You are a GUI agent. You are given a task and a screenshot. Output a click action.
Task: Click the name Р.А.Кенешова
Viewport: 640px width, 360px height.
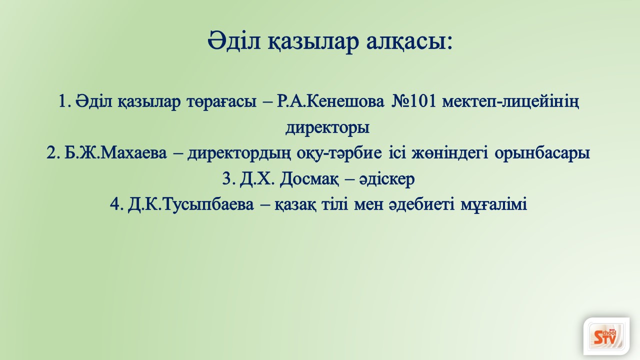coord(331,101)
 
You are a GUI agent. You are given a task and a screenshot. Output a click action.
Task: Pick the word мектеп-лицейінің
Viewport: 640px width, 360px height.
coord(511,102)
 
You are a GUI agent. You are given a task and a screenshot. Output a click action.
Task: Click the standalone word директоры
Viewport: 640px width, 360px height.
coord(327,127)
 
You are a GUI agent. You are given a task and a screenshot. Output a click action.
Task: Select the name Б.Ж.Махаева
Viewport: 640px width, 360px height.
coord(115,153)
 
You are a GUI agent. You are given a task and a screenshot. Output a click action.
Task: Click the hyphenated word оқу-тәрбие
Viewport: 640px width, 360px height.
coord(339,153)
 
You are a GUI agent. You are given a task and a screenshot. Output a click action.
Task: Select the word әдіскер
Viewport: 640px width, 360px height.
coord(387,179)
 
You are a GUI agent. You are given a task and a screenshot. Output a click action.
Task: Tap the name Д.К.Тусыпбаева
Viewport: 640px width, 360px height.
coord(191,205)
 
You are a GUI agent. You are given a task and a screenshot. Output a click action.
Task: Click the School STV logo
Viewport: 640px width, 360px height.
coord(606,336)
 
